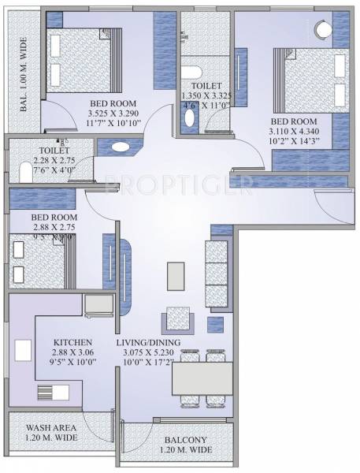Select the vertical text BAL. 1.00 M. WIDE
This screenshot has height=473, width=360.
click(x=24, y=74)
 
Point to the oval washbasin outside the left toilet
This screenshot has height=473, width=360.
click(x=121, y=146)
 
